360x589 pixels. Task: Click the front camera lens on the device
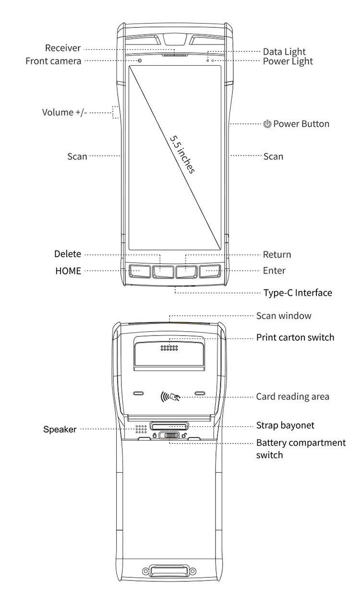tap(140, 61)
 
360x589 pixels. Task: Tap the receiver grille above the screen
tap(175, 56)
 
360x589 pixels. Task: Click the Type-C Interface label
tap(298, 293)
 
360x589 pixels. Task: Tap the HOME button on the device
tap(140, 271)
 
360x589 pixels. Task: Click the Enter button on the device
tap(210, 271)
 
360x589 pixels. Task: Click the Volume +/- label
tap(64, 112)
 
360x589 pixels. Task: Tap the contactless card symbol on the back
tap(170, 397)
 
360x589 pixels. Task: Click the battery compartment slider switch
tap(169, 435)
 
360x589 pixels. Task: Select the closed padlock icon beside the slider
tap(155, 435)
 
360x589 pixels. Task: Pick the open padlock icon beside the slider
tap(184, 435)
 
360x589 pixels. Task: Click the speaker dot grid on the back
tap(141, 429)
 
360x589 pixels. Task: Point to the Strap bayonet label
tap(285, 425)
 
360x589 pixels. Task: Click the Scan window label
tap(284, 315)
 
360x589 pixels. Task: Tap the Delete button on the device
tap(163, 271)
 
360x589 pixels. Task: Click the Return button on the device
tap(186, 271)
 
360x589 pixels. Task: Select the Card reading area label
tap(292, 397)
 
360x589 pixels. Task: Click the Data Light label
tap(284, 52)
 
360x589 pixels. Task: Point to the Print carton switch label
tap(295, 337)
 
